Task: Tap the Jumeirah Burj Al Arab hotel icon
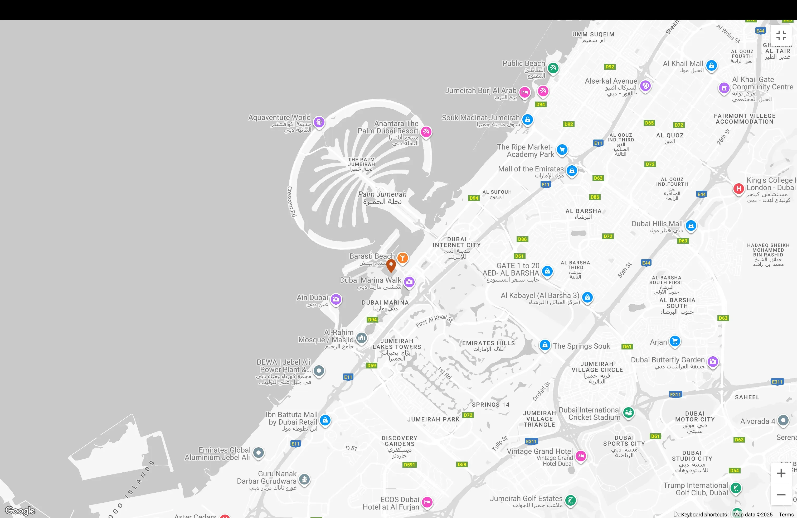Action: point(525,92)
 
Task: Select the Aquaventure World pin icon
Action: point(319,122)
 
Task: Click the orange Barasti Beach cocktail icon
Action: point(402,258)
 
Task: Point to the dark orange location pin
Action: point(391,265)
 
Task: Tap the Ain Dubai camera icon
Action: point(336,299)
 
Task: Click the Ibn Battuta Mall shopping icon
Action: point(325,420)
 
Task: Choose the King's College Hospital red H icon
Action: point(738,188)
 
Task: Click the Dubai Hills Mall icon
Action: point(691,225)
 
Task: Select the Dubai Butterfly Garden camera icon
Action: point(713,361)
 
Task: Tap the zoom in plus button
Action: point(781,473)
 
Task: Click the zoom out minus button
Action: point(781,495)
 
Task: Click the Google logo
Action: point(20,510)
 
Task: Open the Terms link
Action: point(786,515)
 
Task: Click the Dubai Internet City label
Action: point(456,245)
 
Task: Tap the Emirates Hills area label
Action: point(488,346)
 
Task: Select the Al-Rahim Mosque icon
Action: point(361,338)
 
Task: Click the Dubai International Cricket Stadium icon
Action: point(629,412)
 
